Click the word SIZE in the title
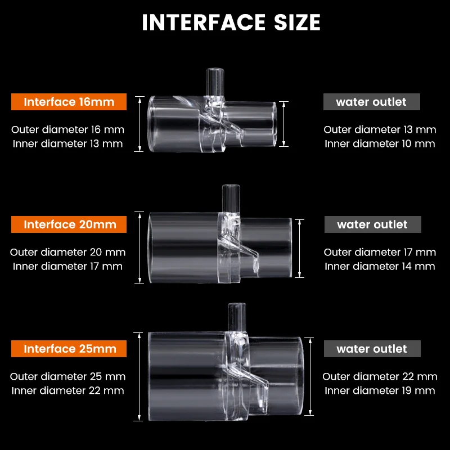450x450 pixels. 297,22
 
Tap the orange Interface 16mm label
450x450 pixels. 69,102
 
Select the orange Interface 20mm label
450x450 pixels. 69,224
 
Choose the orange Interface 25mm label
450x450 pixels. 69,349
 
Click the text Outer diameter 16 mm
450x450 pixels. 67,129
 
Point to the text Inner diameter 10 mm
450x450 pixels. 380,143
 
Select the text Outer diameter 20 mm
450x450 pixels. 67,252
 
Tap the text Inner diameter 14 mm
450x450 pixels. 380,266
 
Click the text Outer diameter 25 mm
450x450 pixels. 67,376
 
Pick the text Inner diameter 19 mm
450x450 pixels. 380,390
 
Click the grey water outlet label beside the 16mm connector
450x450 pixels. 372,102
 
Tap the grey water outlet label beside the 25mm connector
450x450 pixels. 372,349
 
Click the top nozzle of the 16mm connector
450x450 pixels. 215,82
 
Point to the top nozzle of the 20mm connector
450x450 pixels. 231,199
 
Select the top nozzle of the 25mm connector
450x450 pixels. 237,317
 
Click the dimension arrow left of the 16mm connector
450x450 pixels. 139,124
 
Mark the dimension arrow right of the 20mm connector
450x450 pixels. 299,249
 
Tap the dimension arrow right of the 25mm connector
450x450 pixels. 310,376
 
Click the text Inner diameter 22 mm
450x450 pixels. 67,390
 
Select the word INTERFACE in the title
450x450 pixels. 204,22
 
